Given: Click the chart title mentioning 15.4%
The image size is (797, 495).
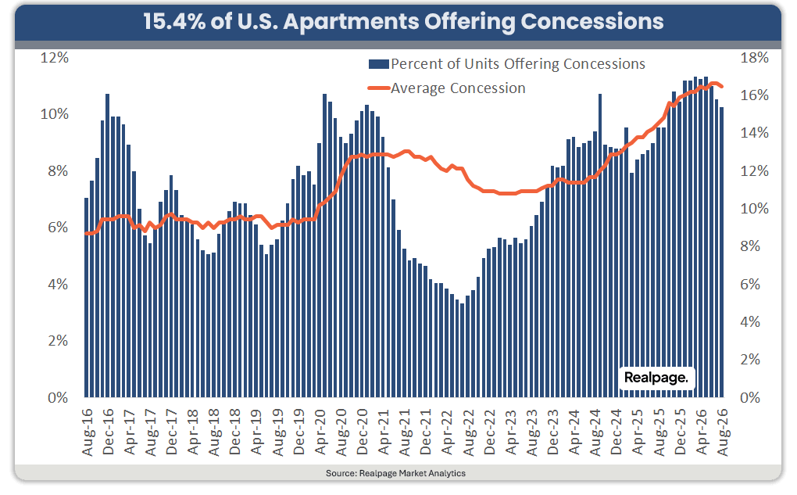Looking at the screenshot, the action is tap(403, 22).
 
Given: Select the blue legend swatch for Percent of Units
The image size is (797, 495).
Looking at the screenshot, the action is tap(379, 64).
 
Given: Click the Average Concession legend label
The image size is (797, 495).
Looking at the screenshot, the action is tap(458, 88).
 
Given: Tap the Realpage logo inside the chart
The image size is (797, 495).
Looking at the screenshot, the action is tap(656, 378).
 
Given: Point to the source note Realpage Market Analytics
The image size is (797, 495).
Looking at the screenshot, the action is tap(395, 473).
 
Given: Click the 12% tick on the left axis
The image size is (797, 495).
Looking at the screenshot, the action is tap(55, 58).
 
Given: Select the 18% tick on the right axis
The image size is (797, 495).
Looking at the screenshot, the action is tap(754, 58).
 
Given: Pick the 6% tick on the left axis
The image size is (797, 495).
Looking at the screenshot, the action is tap(58, 228).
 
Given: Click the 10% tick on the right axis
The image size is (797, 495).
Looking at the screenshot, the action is tap(754, 209).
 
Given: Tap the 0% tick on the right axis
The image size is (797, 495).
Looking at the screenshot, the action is tap(750, 397).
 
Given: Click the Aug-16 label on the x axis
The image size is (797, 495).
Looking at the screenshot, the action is tap(88, 432).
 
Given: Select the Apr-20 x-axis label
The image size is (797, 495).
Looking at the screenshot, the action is tap(320, 432).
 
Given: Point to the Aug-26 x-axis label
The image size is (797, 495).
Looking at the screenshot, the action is tap(722, 432).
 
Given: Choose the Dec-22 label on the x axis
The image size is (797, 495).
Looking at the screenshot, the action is tap(489, 432).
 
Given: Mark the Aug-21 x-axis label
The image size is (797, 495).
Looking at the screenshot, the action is tap(405, 432).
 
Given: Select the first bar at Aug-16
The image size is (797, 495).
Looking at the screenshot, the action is tap(87, 298).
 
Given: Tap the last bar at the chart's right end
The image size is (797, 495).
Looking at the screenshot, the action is tap(721, 253).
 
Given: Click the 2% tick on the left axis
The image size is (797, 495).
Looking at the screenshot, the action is tap(58, 341).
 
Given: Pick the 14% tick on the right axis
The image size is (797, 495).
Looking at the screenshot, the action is tap(754, 133).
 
